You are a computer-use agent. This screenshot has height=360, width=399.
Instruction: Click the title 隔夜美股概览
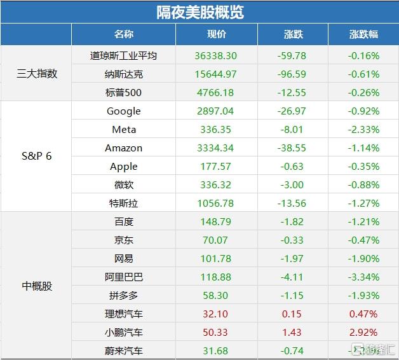199,11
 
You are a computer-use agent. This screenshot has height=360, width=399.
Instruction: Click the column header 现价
216,34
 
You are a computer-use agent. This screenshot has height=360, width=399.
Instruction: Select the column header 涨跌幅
363,34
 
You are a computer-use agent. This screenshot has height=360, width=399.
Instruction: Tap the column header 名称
123,34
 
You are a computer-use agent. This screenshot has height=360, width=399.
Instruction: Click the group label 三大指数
36,74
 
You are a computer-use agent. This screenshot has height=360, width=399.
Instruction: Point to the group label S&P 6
36,156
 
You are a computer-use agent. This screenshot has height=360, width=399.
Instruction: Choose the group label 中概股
36,286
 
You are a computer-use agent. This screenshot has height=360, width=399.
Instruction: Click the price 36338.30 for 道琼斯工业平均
216,55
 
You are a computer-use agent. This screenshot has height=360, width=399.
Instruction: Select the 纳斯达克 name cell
123,74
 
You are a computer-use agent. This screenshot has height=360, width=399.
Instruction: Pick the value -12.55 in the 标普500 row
292,92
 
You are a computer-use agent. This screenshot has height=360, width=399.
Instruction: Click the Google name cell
123,111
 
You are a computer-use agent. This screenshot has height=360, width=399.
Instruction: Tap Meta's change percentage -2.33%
363,129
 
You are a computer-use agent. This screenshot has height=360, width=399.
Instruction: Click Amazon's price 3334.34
216,148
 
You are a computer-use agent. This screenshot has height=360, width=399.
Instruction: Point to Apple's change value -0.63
292,166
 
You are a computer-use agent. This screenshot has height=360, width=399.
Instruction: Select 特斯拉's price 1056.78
216,204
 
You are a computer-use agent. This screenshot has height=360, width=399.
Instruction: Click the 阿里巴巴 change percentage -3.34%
363,277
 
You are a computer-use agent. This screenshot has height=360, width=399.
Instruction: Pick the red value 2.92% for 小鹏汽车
363,332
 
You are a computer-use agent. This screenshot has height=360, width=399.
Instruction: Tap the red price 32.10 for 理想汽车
216,314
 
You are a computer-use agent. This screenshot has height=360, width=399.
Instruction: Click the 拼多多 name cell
123,296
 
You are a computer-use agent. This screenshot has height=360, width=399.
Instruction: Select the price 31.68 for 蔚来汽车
216,350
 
